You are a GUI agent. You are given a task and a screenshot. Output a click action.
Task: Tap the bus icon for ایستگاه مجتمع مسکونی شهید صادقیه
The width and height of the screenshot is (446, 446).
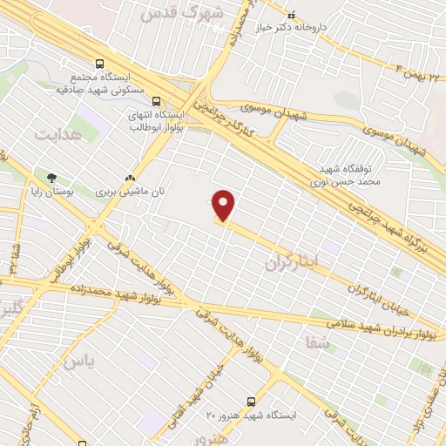(98, 64)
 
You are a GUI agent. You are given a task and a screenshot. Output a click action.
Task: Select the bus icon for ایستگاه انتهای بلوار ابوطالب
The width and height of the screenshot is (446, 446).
(156, 101)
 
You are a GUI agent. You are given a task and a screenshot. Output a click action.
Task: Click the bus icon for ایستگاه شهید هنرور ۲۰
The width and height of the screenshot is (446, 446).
(251, 402)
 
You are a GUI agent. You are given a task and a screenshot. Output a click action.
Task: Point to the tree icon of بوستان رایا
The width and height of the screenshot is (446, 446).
(52, 177)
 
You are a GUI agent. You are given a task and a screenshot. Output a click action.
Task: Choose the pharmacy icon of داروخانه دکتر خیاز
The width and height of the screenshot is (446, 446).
(291, 14)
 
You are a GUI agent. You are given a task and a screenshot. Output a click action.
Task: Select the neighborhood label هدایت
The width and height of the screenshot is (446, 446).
(58, 135)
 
